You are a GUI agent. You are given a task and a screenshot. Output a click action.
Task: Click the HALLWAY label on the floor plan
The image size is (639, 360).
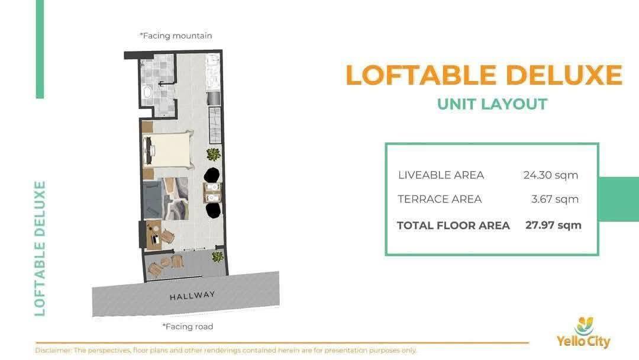tap(192, 295)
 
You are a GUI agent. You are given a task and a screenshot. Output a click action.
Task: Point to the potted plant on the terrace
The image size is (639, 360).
tap(218, 256)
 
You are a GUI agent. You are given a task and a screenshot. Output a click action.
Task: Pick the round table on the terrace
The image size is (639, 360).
tap(166, 262)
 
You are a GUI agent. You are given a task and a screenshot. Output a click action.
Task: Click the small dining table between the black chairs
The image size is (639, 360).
tap(212, 193)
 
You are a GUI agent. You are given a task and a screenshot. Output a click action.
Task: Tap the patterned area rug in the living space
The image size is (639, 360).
tap(176, 198)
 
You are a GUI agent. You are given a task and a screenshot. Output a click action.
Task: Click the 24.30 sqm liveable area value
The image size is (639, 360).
tap(551, 175)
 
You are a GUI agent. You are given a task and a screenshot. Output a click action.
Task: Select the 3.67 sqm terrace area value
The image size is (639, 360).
tap(554, 200)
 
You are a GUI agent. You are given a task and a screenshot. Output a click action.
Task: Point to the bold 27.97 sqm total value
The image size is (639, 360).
tap(553, 225)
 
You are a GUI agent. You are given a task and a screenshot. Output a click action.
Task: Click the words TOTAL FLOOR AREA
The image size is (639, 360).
tap(453, 226)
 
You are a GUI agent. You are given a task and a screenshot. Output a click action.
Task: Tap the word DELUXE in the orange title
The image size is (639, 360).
tap(564, 75)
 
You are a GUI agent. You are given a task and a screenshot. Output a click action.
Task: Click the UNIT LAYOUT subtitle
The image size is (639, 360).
tap(492, 104)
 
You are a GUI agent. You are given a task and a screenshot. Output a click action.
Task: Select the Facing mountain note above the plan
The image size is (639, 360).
tap(176, 36)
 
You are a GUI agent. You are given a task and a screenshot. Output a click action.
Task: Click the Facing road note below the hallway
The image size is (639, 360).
tap(188, 327)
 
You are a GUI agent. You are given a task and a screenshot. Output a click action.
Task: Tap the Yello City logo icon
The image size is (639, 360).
tap(584, 326)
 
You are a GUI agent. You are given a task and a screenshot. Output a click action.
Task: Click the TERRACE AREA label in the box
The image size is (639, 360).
tap(440, 200)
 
